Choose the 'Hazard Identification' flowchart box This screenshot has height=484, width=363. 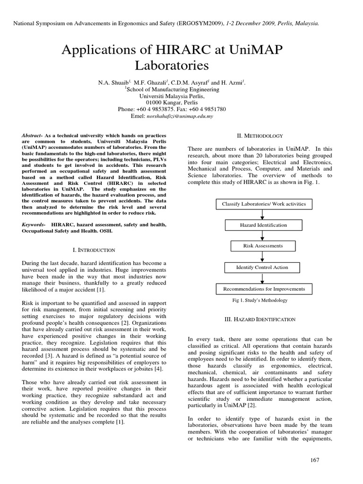[x=263, y=225]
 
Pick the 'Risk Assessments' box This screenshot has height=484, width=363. [x=263, y=246]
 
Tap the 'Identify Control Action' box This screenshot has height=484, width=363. [x=262, y=268]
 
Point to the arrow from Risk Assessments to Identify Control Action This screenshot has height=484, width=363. [x=263, y=257]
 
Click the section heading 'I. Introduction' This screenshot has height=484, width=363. [x=92, y=250]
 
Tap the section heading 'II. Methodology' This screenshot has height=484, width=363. [x=260, y=136]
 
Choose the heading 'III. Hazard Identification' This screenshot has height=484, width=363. [x=260, y=320]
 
